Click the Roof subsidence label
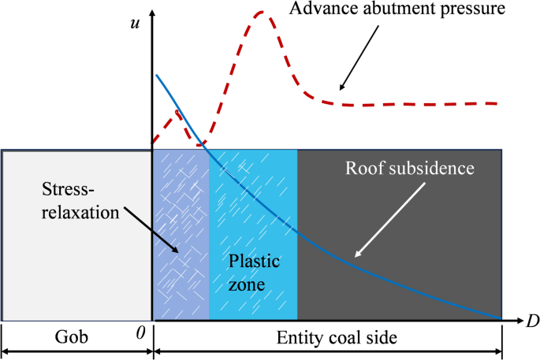point(410,168)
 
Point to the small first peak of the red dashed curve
point(177,111)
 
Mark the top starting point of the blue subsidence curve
point(157,76)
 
